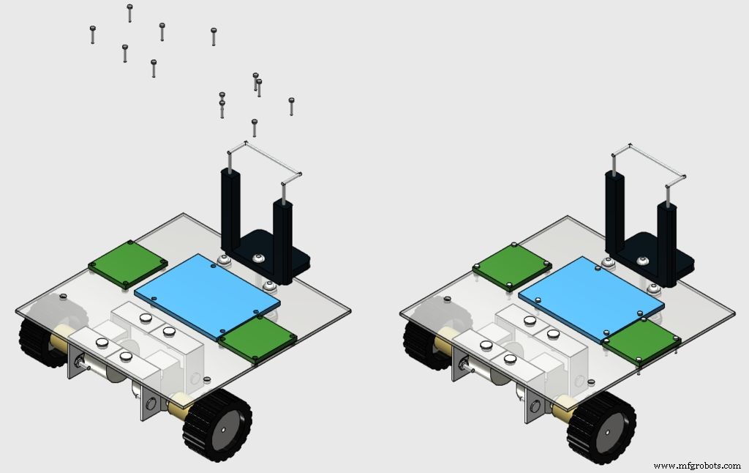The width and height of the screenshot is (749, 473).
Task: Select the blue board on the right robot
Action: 591,297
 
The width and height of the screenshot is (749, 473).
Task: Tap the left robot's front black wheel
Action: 217,425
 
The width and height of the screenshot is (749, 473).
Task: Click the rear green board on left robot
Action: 127,263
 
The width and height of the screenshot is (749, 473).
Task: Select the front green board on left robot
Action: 256,339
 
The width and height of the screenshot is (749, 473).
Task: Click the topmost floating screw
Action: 129,12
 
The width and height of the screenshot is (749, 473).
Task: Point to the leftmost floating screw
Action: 93,34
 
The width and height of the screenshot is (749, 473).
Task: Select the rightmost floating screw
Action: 291,106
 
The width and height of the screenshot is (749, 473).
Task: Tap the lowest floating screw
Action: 255,127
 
